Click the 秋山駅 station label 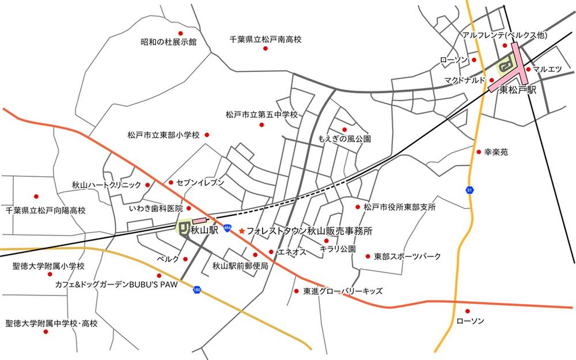(204, 230)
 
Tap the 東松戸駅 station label (518, 90)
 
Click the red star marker (241, 230)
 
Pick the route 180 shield (198, 289)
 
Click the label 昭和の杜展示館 (169, 42)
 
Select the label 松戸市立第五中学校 (262, 115)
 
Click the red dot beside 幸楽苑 (478, 152)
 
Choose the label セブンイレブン (200, 182)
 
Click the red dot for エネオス (271, 252)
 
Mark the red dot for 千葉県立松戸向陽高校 (36, 196)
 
